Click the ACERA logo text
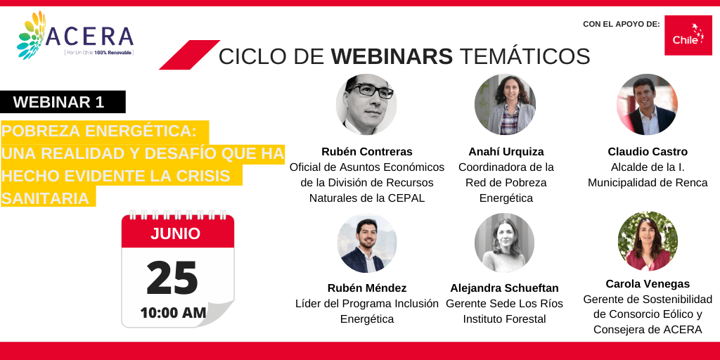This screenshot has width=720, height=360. click(89, 37)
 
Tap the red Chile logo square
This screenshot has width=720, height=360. click(688, 35)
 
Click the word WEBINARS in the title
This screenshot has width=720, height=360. click(392, 56)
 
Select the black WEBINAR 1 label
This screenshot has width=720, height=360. click(63, 102)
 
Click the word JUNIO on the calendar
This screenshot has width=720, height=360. click(175, 233)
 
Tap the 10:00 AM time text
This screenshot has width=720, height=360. click(173, 313)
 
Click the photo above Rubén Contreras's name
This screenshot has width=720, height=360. click(366, 104)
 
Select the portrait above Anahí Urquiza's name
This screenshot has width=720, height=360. click(505, 104)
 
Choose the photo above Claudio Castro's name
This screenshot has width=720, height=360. click(647, 104)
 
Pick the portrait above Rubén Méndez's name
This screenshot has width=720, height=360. click(367, 243)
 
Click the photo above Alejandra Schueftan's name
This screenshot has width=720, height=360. click(505, 243)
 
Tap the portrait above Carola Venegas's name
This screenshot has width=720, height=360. click(648, 241)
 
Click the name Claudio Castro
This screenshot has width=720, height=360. click(648, 152)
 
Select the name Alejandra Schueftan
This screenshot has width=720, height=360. click(505, 288)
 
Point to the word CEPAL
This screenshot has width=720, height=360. click(409, 198)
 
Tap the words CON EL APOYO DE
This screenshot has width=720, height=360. click(622, 24)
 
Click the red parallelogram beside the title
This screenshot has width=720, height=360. click(190, 55)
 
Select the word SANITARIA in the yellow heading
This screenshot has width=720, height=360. click(46, 198)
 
